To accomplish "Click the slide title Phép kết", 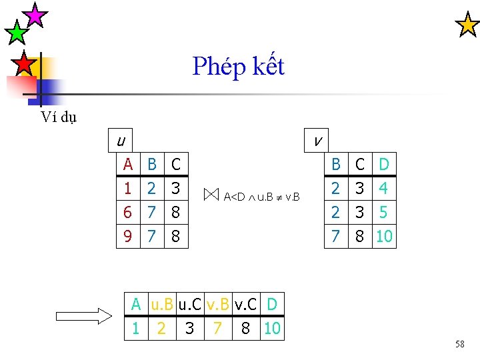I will point(238,67).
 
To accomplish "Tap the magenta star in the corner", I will point(34,14).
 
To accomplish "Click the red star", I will point(24,63).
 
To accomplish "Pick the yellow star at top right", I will point(467,25).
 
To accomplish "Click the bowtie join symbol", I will point(211,195).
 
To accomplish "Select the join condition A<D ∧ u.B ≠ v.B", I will point(261,197).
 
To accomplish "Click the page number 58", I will point(459,344).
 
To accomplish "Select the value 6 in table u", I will point(127,213).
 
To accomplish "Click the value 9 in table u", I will point(127,236).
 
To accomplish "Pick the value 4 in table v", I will point(383,188).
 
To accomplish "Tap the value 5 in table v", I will point(383,213).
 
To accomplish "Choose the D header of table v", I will point(383,164).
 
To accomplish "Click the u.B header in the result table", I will point(162,305).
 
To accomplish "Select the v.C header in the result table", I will point(245,305).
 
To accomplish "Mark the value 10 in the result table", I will point(272,328).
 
